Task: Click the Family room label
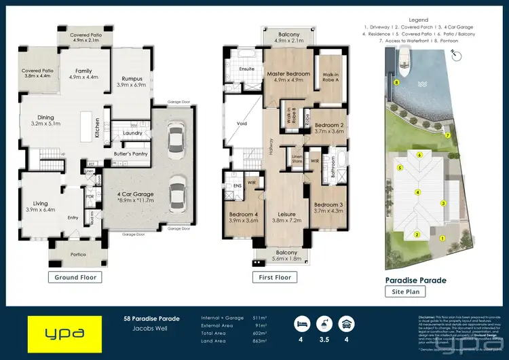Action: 83,71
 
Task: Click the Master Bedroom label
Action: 288,73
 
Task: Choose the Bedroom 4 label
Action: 242,215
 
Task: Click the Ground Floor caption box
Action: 75,277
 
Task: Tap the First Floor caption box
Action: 275,277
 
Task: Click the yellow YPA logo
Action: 64,334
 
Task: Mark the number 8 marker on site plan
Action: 396,82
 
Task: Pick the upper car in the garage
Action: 175,140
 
